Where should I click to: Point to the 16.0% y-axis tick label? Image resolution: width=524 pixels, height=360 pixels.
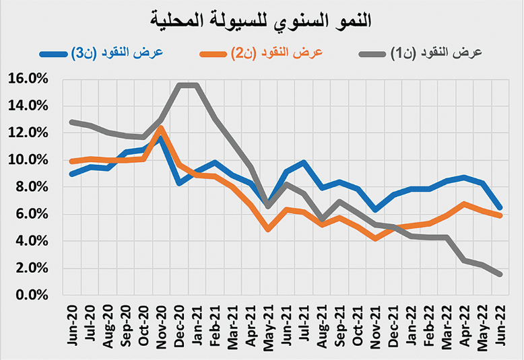[x=28, y=79]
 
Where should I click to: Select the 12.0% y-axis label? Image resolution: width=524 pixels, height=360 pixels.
[x=28, y=133]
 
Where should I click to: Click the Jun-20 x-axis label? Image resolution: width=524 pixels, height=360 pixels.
[x=72, y=328]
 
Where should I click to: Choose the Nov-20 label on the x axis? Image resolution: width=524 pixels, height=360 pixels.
[x=161, y=328]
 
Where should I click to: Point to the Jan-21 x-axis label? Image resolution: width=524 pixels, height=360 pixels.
[x=197, y=328]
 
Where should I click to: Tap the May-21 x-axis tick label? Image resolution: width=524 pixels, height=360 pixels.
[x=268, y=328]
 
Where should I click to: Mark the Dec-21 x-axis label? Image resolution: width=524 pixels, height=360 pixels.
[x=393, y=328]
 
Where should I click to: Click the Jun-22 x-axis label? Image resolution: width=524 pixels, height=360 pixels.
[x=500, y=328]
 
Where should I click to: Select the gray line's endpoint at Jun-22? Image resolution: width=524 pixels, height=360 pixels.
[x=500, y=275]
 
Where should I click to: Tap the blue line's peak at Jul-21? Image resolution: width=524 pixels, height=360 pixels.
[x=304, y=162]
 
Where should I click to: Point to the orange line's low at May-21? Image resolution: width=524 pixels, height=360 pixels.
[x=268, y=229]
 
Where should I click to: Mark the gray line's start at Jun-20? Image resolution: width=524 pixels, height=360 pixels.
[x=72, y=122]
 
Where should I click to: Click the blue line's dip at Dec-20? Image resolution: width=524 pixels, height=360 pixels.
[x=179, y=183]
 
